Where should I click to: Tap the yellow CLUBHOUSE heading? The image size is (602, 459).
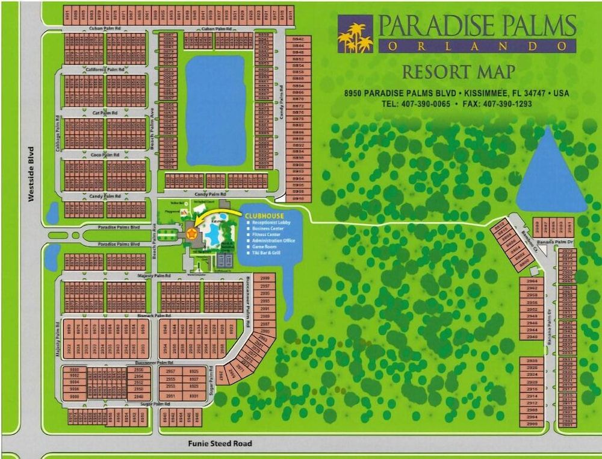click(x=265, y=215)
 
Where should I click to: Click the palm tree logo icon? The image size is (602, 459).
click(x=355, y=37)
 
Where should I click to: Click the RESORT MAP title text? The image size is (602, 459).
click(x=458, y=72)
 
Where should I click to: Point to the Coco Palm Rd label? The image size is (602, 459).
click(x=105, y=155)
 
